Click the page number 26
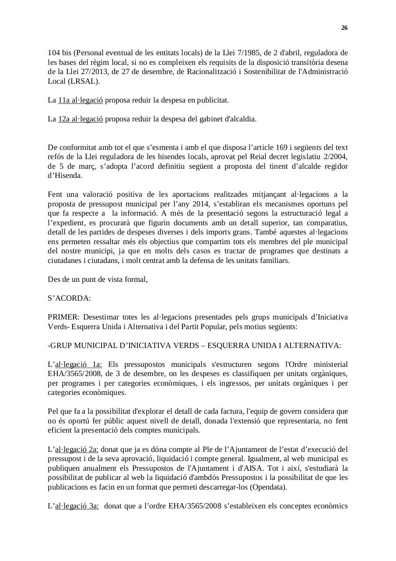coord(344,28)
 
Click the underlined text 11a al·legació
coord(81,100)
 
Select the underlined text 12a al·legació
coord(81,119)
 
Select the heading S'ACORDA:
coord(69,298)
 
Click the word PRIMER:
coord(64,317)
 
